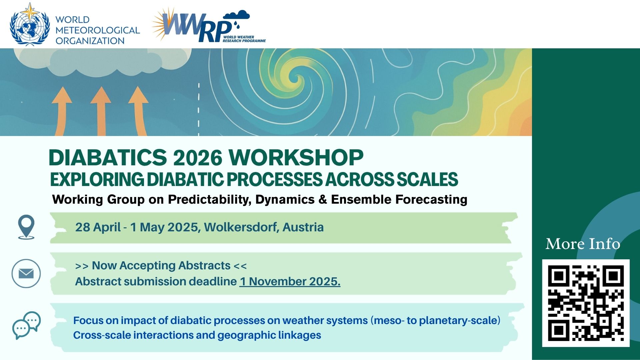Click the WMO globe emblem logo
click(30, 24)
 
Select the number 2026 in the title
click(198, 157)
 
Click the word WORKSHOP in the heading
click(296, 157)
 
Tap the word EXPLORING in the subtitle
click(97, 179)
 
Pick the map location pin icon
click(26, 227)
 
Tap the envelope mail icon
click(26, 273)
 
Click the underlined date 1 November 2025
click(290, 281)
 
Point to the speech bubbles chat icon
click(26, 325)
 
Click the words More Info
click(583, 244)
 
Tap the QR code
click(586, 303)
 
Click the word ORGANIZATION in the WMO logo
click(90, 41)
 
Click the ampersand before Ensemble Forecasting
click(323, 199)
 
